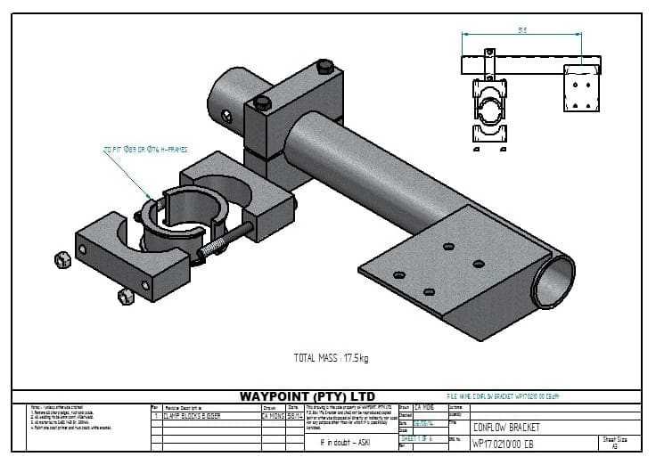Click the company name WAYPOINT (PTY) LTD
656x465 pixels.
click(307, 396)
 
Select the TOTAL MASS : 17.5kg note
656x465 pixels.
click(331, 359)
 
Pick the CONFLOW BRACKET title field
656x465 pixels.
click(504, 427)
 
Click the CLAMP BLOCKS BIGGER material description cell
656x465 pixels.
click(192, 415)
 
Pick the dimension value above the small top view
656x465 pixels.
click(521, 29)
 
